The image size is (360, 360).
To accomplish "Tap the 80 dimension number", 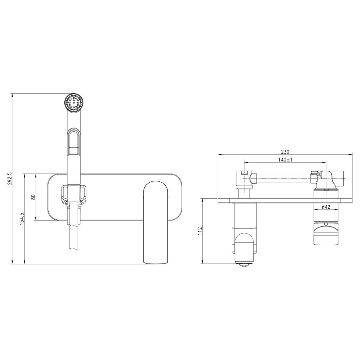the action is [x=33, y=197].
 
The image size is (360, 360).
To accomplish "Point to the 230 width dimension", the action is [x=285, y=152].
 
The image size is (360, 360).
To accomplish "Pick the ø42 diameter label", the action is [x=326, y=207].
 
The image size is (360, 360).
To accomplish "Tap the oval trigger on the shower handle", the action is [x=74, y=141].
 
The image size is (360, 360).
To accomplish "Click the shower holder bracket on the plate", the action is [x=74, y=195].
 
